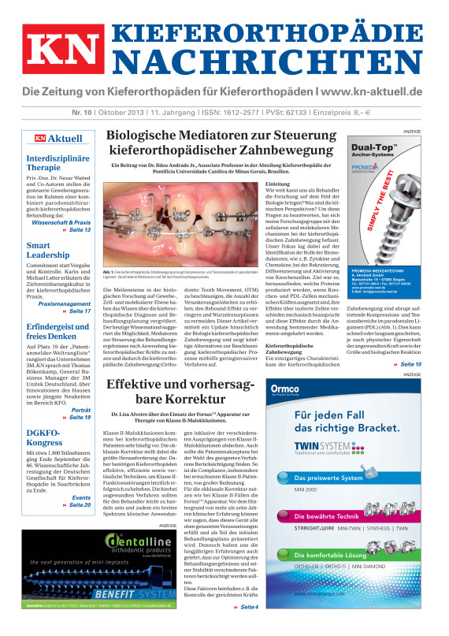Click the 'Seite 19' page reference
(x=76, y=417)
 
